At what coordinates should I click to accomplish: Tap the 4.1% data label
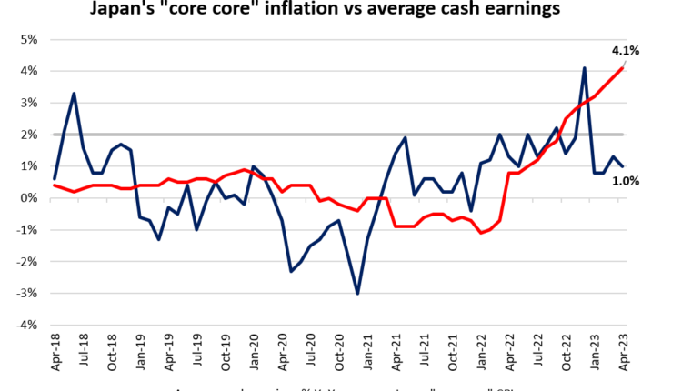(x=624, y=51)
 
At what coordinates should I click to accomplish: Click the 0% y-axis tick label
(x=26, y=198)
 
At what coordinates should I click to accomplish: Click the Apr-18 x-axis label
(x=55, y=352)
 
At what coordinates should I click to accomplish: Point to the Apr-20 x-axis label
(x=282, y=352)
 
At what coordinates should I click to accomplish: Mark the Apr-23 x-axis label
(x=623, y=352)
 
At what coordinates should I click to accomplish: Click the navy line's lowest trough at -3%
(x=358, y=293)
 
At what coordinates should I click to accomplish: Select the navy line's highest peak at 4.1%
(x=585, y=68)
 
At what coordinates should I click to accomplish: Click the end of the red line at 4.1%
(x=622, y=68)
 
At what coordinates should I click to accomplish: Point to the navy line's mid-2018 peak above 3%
(x=74, y=94)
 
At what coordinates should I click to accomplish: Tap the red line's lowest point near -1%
(x=481, y=233)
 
